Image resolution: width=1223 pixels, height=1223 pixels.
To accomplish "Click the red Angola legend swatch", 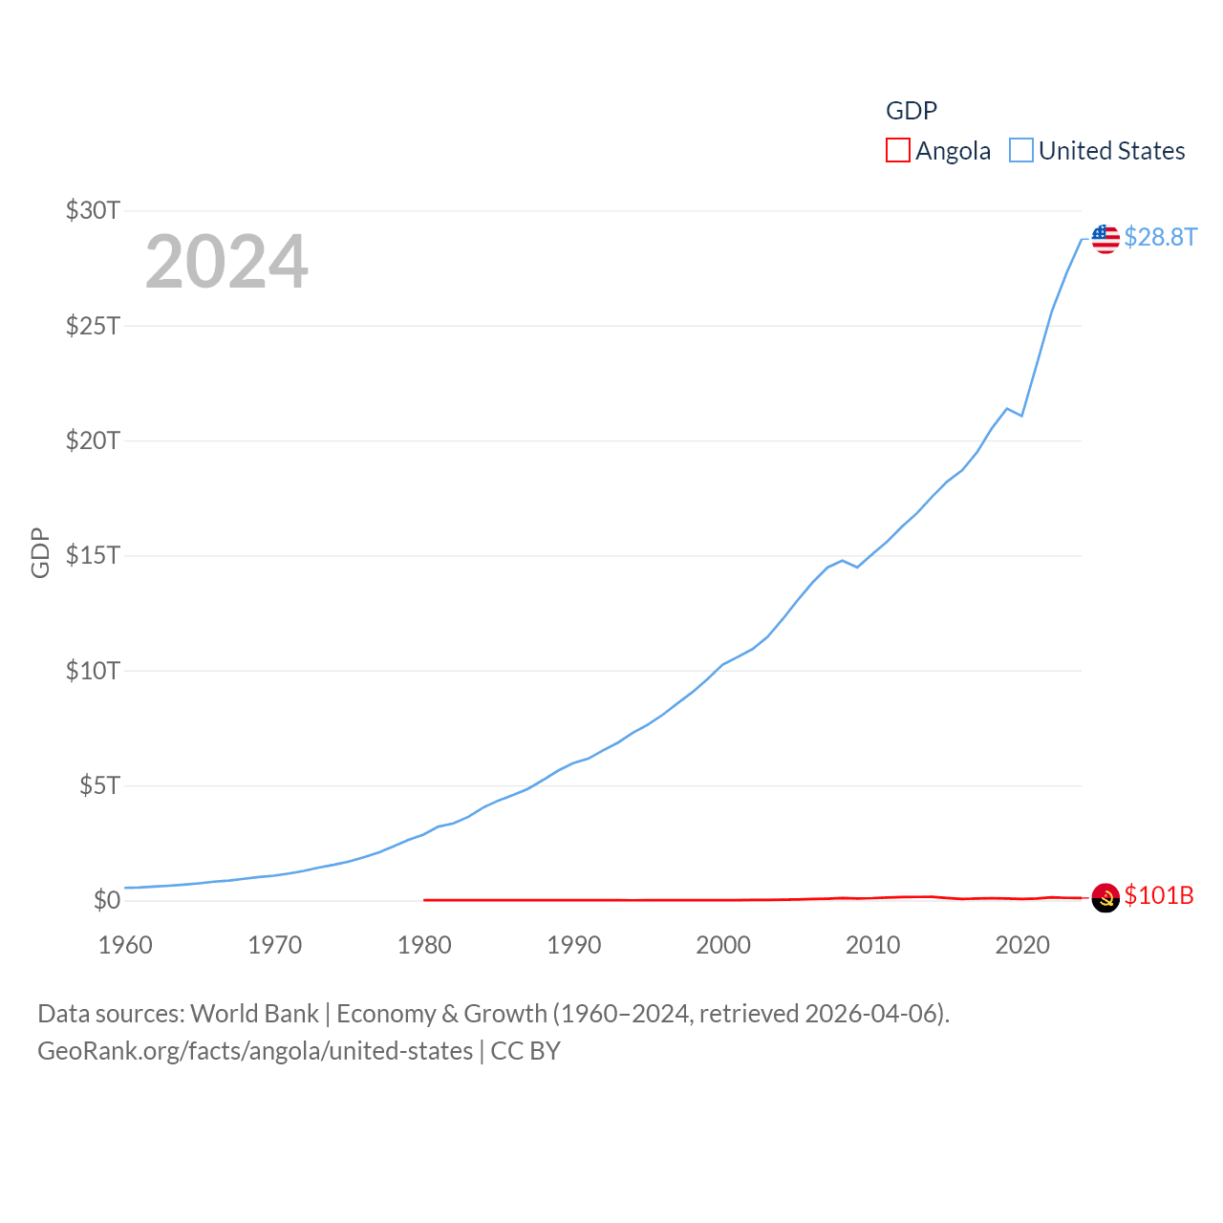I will pyautogui.click(x=897, y=151).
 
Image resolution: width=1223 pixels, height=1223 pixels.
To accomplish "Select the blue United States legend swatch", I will pyautogui.click(x=1020, y=151).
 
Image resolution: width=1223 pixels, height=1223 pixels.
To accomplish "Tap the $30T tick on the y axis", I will pyautogui.click(x=93, y=210).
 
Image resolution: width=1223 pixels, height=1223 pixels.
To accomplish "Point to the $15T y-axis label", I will pyautogui.click(x=93, y=555).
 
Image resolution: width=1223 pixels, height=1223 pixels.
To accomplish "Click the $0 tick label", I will pyautogui.click(x=106, y=900).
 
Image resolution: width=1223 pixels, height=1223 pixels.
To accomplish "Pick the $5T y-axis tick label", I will pyautogui.click(x=99, y=785).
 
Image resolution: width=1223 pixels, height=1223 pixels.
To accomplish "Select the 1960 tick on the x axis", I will pyautogui.click(x=125, y=945).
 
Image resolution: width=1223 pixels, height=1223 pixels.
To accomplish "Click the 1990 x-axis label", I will pyautogui.click(x=573, y=945).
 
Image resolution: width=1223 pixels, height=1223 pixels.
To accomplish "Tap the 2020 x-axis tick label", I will pyautogui.click(x=1021, y=945).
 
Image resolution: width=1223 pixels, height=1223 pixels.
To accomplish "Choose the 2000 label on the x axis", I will pyautogui.click(x=723, y=945).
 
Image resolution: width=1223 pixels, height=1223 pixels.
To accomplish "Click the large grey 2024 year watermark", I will pyautogui.click(x=226, y=261).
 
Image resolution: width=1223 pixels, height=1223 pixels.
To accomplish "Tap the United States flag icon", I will pyautogui.click(x=1105, y=239).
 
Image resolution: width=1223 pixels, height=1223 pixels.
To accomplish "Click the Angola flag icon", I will pyautogui.click(x=1105, y=897).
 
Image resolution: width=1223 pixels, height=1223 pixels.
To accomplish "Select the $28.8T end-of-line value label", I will pyautogui.click(x=1160, y=237).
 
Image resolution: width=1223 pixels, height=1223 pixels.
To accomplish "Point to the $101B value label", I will pyautogui.click(x=1159, y=895).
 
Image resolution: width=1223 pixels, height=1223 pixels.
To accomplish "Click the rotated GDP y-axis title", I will pyautogui.click(x=40, y=552).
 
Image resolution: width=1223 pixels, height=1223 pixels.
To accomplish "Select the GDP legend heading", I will pyautogui.click(x=912, y=111).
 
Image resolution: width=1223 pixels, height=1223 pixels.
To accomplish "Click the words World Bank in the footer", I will pyautogui.click(x=255, y=1013).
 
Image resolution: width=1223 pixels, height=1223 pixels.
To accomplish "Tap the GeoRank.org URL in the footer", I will pyautogui.click(x=255, y=1051).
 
